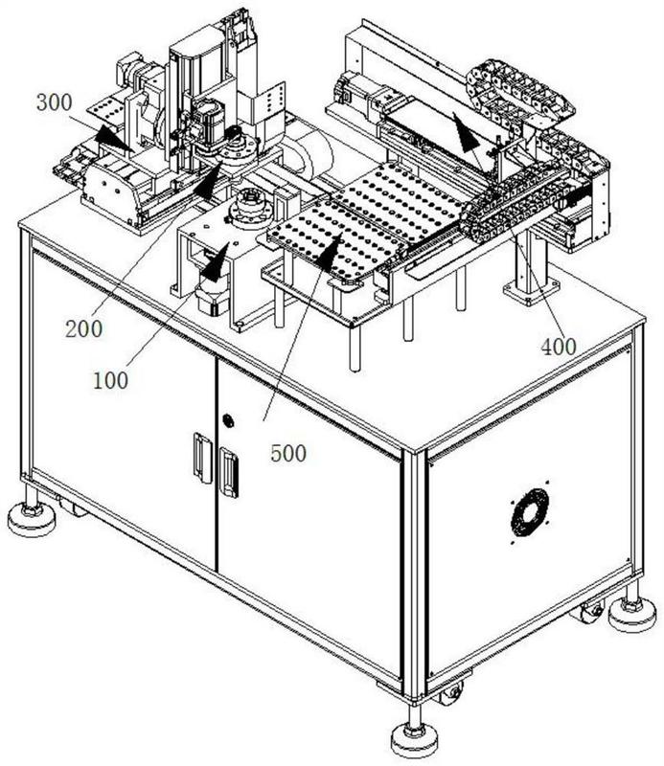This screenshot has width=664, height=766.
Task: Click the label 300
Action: [x=55, y=102]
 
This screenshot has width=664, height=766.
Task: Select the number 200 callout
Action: [x=83, y=328]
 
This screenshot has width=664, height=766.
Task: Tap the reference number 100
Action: [x=110, y=380]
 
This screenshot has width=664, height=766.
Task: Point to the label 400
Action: [x=559, y=347]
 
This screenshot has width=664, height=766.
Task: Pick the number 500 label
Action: [x=288, y=453]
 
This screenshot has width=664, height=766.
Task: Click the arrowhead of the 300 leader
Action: [x=113, y=138]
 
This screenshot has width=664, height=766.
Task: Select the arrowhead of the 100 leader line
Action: [x=217, y=260]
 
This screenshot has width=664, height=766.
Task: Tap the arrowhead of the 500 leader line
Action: [x=330, y=252]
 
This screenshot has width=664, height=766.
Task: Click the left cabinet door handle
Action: [x=202, y=458]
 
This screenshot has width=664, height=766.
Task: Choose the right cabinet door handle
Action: [x=229, y=472]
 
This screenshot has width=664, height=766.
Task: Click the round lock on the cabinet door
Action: [x=228, y=420]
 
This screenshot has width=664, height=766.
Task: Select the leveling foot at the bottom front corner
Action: [x=415, y=737]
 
